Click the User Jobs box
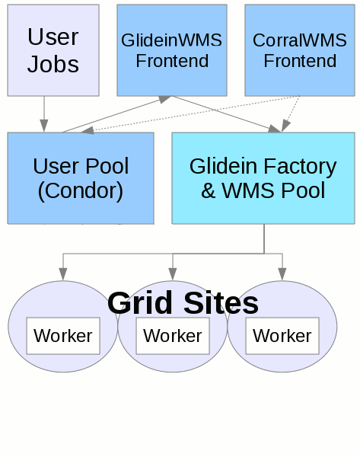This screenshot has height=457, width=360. (53, 50)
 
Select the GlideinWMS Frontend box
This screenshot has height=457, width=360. (172, 50)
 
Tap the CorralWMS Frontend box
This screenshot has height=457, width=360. (300, 50)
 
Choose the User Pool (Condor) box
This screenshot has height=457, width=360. (80, 177)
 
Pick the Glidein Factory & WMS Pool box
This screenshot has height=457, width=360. (263, 177)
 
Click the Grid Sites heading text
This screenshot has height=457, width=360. (183, 302)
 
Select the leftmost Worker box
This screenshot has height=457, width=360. (63, 335)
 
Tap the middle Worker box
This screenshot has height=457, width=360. (173, 335)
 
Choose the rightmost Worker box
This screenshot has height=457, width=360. (282, 335)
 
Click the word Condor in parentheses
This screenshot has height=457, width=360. (80, 190)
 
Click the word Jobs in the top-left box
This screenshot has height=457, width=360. (53, 64)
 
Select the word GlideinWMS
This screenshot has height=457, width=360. (172, 40)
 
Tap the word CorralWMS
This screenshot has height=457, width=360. (300, 40)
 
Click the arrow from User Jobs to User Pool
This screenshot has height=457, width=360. (44, 113)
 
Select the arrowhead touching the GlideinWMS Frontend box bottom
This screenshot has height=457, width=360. (165, 99)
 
